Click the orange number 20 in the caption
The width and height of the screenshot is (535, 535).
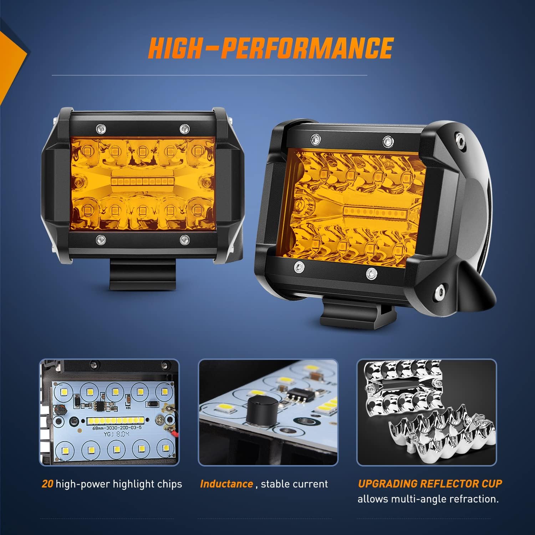tap(47, 484)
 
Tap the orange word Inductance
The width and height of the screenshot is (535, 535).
tap(226, 484)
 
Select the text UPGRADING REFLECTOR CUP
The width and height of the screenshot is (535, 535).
tap(430, 484)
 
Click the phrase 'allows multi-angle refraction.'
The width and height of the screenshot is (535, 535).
tap(428, 499)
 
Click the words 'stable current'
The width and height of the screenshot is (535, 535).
tap(294, 484)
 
